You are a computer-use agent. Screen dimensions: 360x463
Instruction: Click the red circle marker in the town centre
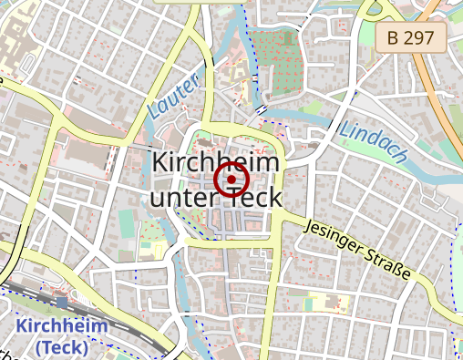click(x=231, y=180)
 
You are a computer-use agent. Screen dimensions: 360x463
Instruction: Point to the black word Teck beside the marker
click(x=252, y=199)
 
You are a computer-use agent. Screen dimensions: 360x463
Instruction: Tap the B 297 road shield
click(x=411, y=37)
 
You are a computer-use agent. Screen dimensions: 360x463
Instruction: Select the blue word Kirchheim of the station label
click(x=62, y=326)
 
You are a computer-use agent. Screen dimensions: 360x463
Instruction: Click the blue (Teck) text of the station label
click(x=62, y=347)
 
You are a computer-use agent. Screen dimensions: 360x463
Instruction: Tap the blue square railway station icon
click(x=61, y=302)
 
